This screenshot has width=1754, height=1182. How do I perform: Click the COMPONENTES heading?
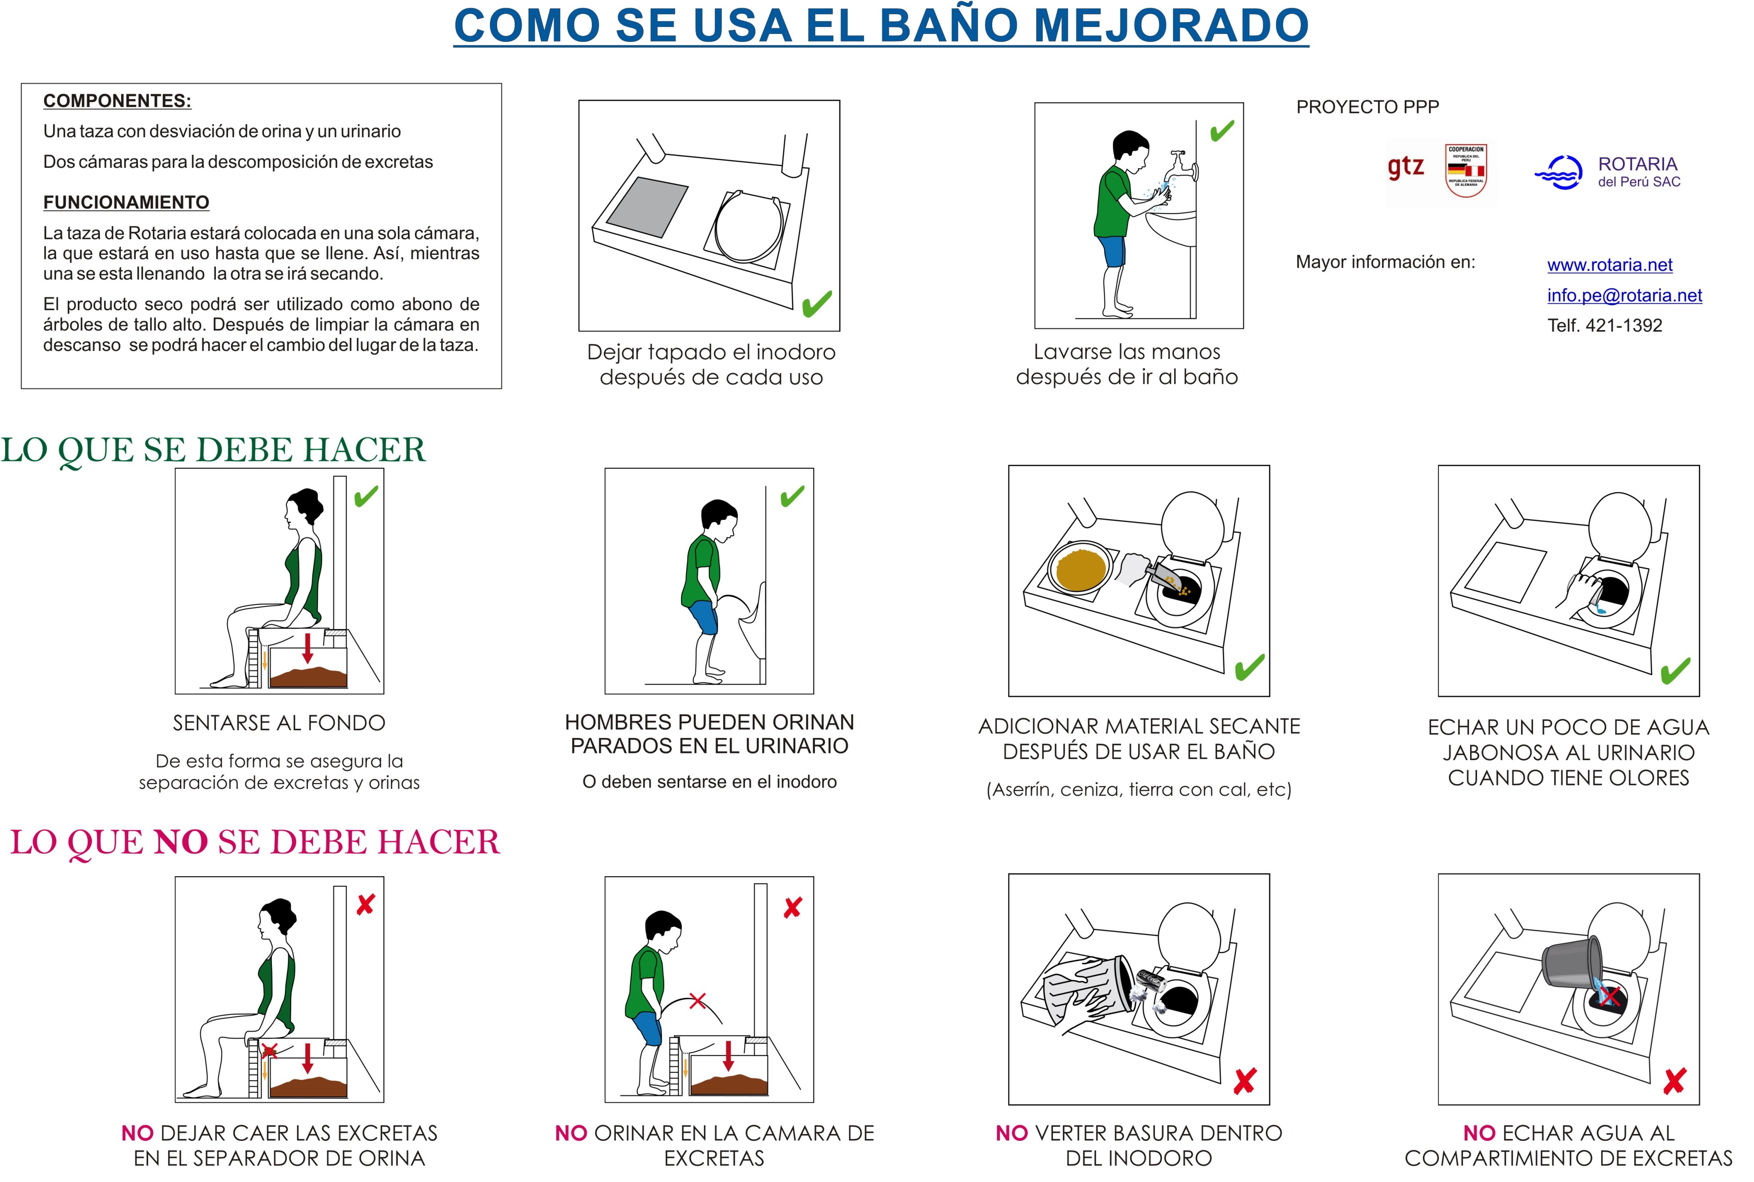click(117, 101)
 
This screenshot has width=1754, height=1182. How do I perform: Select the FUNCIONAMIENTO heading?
click(126, 202)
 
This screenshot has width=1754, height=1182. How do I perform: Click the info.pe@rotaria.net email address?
click(1624, 295)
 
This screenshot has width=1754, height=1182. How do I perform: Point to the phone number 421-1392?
click(1624, 325)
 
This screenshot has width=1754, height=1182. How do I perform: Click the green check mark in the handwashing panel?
click(1222, 131)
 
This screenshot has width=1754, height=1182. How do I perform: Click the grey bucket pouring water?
click(1571, 961)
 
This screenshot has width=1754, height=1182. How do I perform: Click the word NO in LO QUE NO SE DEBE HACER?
click(181, 842)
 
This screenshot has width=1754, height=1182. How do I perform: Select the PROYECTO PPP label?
click(1367, 107)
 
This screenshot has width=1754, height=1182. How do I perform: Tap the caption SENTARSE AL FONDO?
click(279, 723)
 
